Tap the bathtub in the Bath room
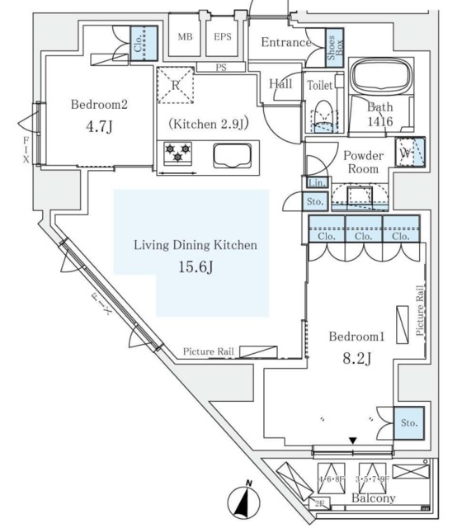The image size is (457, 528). click(x=386, y=80)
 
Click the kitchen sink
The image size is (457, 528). click(x=236, y=154)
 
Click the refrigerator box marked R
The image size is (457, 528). click(x=176, y=85)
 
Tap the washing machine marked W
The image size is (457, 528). click(x=409, y=153)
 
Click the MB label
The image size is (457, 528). click(x=186, y=36)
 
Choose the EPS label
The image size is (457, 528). click(x=222, y=36)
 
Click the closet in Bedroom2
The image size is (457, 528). click(x=143, y=42)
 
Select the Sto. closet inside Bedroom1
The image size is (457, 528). click(x=409, y=422)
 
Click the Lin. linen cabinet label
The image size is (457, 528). click(x=316, y=183)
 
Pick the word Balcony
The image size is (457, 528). click(x=374, y=498)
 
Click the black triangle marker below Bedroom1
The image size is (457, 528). click(x=353, y=441)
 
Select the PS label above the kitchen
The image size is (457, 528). click(x=220, y=68)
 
